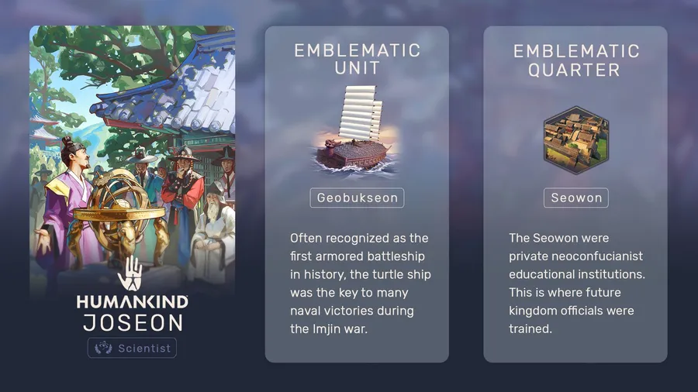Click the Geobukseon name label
(x=357, y=198)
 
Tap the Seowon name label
(x=576, y=198)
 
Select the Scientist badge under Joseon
(x=132, y=348)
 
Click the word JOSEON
(x=133, y=323)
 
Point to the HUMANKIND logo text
(x=132, y=302)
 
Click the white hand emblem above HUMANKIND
(x=130, y=273)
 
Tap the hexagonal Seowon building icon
(x=576, y=140)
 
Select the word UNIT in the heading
(x=357, y=68)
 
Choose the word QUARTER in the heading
(x=574, y=70)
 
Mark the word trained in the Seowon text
(x=530, y=329)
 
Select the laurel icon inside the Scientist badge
(x=103, y=348)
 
